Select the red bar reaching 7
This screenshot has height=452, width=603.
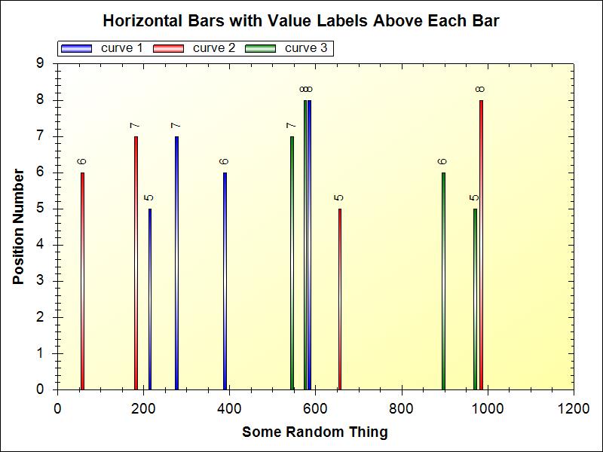point(136,263)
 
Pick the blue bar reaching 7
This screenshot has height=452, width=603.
point(176,263)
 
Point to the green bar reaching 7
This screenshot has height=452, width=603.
point(292,263)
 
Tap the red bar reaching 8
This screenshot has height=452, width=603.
point(481,245)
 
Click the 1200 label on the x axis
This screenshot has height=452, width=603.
point(574,408)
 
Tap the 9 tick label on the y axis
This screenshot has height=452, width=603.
point(40,63)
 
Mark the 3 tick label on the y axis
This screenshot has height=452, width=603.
point(40,281)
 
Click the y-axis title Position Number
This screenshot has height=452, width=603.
point(18,226)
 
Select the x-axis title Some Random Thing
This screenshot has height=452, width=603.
point(315,432)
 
